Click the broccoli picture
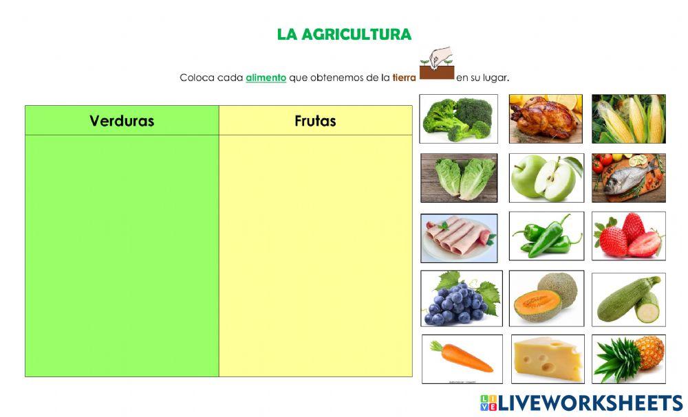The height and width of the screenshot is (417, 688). tap(458, 118)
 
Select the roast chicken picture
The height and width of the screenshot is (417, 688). tap(546, 118)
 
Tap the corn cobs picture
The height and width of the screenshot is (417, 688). tap(629, 118)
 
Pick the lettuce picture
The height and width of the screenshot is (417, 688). tap(459, 178)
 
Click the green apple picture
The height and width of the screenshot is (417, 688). tap(546, 178)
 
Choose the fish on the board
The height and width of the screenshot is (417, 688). tap(629, 178)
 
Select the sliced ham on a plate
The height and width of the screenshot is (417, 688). tap(459, 238)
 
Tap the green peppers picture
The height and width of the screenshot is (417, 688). tap(546, 236)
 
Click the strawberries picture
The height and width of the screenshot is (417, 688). tap(629, 236)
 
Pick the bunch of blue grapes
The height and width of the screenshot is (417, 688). tap(461, 298)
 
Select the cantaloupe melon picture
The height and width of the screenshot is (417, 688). tap(546, 298)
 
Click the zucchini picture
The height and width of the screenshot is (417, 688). tap(629, 298)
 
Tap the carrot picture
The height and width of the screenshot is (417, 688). tap(462, 358)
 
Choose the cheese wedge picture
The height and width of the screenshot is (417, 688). tap(548, 358)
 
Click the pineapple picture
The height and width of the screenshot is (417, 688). tap(629, 358)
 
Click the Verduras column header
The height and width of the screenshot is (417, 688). tap(122, 121)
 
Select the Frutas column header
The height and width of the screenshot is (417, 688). tap(315, 121)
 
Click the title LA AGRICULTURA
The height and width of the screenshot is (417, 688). tap(344, 34)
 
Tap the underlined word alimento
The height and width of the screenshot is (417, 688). tap(266, 78)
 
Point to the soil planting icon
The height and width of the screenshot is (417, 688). tap(436, 65)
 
